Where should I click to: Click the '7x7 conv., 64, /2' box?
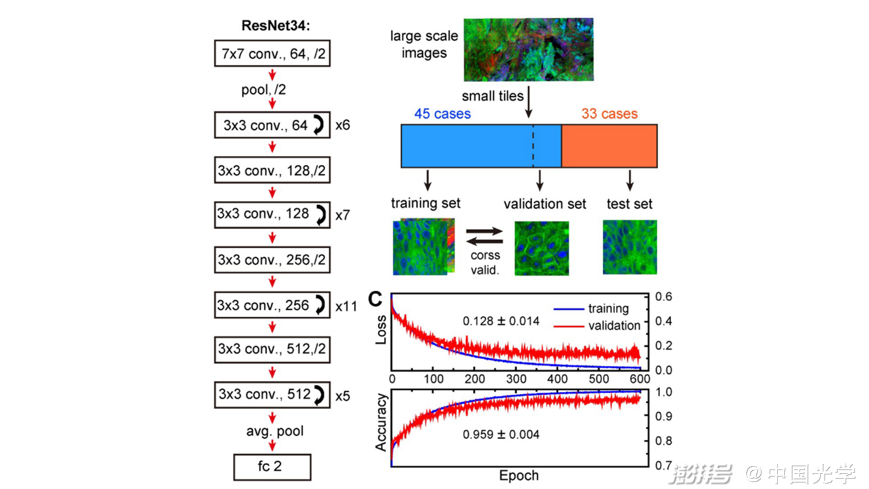pos(272,53)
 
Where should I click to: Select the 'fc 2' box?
pos(272,467)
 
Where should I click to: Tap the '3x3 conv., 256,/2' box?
pos(272,260)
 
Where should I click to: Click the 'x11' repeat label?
pos(346,306)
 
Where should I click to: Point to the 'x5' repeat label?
pos(343,396)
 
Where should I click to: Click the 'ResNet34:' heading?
pos(275,26)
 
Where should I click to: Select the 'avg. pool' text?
pos(275,431)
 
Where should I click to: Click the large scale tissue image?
pos(528,49)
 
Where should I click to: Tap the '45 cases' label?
pos(442,114)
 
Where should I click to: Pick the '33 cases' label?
pos(609,114)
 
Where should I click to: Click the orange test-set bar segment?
pos(609,146)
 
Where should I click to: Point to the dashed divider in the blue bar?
pos(533,146)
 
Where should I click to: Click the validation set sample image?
pos(541,248)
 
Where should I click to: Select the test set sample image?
pos(629,247)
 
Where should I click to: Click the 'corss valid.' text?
pos(484,262)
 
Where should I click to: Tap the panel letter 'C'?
pos(375,299)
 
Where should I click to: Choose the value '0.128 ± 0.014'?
pos(501,321)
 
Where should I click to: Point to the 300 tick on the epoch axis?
pos(516,379)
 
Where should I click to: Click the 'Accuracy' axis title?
pos(381,423)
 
